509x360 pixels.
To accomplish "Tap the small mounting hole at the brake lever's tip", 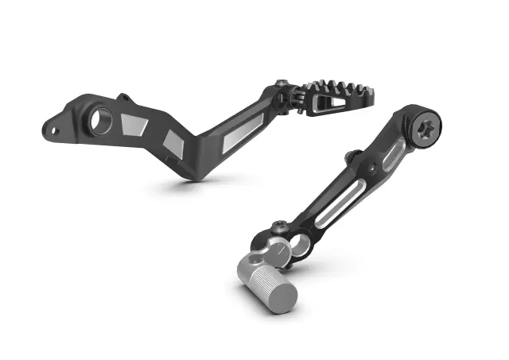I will point(54,126).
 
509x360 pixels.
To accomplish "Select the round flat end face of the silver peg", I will point(282,296).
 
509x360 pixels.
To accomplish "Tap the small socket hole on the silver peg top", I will point(252,259).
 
